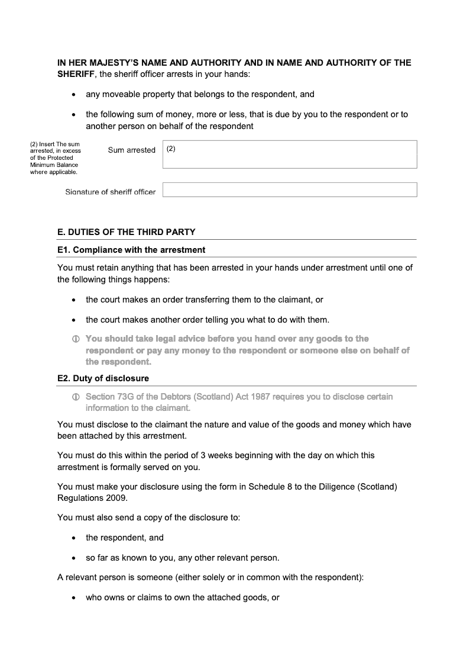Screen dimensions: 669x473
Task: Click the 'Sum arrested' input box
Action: [x=290, y=155]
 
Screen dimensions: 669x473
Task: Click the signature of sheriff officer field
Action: [x=290, y=189]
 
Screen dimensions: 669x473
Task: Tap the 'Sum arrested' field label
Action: [x=131, y=150]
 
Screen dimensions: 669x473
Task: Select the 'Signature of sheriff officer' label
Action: [x=110, y=192]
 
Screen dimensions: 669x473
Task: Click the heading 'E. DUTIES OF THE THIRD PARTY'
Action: [x=126, y=232]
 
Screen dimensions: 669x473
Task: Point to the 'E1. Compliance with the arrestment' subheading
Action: [x=131, y=250]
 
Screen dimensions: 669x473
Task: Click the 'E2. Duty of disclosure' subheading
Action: [x=103, y=378]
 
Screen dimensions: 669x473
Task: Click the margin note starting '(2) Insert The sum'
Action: [x=55, y=158]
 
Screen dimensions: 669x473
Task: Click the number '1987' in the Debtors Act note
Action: [x=261, y=397]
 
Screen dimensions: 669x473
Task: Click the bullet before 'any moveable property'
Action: [x=73, y=95]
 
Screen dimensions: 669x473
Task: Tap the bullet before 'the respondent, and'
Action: [x=73, y=538]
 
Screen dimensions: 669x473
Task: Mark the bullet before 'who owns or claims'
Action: [x=73, y=598]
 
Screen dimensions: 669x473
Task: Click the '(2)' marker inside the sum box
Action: [x=171, y=149]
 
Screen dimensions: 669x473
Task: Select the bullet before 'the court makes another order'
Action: [x=73, y=320]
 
